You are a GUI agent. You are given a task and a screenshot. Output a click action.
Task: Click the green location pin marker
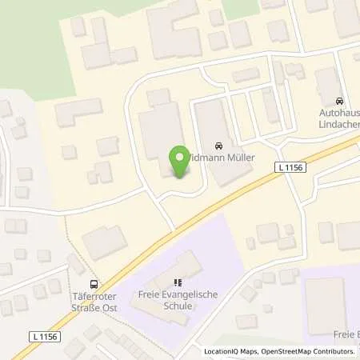pos(179,158)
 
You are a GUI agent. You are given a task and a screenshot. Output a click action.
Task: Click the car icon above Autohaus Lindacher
pos(340,102)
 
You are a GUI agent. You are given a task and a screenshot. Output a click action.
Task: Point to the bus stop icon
pos(95,283)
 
